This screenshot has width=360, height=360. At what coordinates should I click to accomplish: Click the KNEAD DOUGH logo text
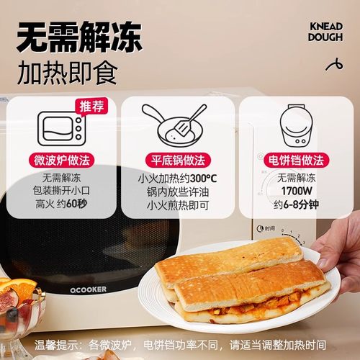coord(325,32)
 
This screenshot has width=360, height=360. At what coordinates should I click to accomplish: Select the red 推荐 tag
coord(91,107)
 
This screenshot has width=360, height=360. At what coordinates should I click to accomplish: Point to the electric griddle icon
coord(292,127)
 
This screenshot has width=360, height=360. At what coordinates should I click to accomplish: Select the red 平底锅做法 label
coord(176,160)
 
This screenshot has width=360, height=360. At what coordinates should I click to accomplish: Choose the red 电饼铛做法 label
coord(292,160)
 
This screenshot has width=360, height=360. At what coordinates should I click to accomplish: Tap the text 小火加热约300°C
coord(176,177)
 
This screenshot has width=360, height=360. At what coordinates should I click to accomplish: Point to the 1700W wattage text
coord(292,192)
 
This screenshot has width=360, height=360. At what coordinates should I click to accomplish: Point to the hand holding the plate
coord(338,248)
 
